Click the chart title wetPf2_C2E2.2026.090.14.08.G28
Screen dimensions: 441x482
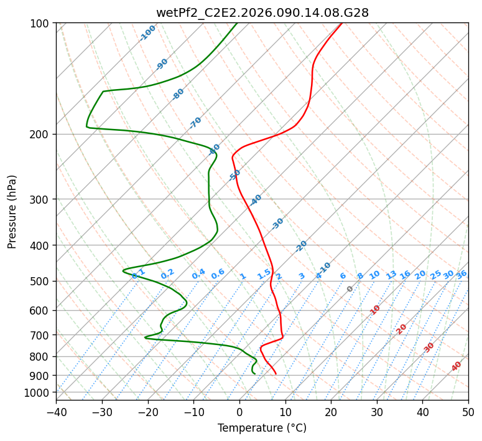point(262,12)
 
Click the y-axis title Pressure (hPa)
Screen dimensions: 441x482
point(12,212)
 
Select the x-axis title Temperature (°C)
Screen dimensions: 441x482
point(262,429)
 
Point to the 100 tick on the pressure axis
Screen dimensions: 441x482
point(41,24)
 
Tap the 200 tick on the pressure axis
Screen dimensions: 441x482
point(41,134)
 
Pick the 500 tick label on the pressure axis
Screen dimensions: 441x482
point(41,281)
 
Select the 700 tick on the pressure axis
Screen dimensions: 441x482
point(41,335)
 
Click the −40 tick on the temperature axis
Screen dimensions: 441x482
point(56,412)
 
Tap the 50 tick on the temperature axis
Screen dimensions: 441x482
point(468,412)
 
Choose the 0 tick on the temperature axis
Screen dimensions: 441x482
point(239,412)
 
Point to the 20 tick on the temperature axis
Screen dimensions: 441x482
point(331,412)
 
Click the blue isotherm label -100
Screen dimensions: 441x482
point(148,32)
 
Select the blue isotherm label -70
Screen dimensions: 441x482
point(195,123)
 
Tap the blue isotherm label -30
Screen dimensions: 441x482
point(277,224)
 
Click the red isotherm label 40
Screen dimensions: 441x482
point(457,366)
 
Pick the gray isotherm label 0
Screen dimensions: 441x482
point(350,289)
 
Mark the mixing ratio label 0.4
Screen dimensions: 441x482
point(198,274)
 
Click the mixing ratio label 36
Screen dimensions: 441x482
point(461,275)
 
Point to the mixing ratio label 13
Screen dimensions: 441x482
point(391,275)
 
